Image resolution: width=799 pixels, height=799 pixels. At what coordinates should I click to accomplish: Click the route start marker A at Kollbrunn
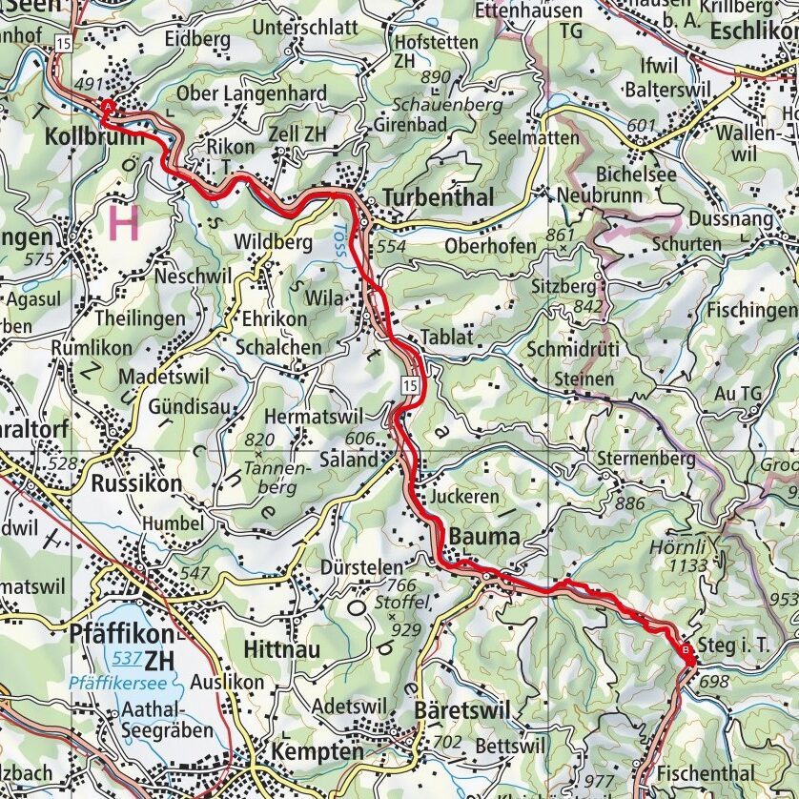108,107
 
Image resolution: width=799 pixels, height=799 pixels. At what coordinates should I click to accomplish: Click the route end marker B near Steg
687,650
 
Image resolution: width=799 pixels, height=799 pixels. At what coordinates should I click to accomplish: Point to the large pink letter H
124,223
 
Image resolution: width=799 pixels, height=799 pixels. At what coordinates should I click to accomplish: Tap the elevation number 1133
688,566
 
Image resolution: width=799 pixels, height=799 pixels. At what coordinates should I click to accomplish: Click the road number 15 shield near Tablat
409,384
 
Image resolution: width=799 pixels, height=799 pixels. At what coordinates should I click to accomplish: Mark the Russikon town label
135,484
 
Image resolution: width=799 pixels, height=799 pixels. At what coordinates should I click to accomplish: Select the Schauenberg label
441,102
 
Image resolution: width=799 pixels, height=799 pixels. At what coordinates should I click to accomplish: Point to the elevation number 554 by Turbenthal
391,246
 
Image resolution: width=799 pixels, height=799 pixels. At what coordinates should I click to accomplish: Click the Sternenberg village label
645,459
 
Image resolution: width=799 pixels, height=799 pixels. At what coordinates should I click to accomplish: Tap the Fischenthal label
705,773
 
